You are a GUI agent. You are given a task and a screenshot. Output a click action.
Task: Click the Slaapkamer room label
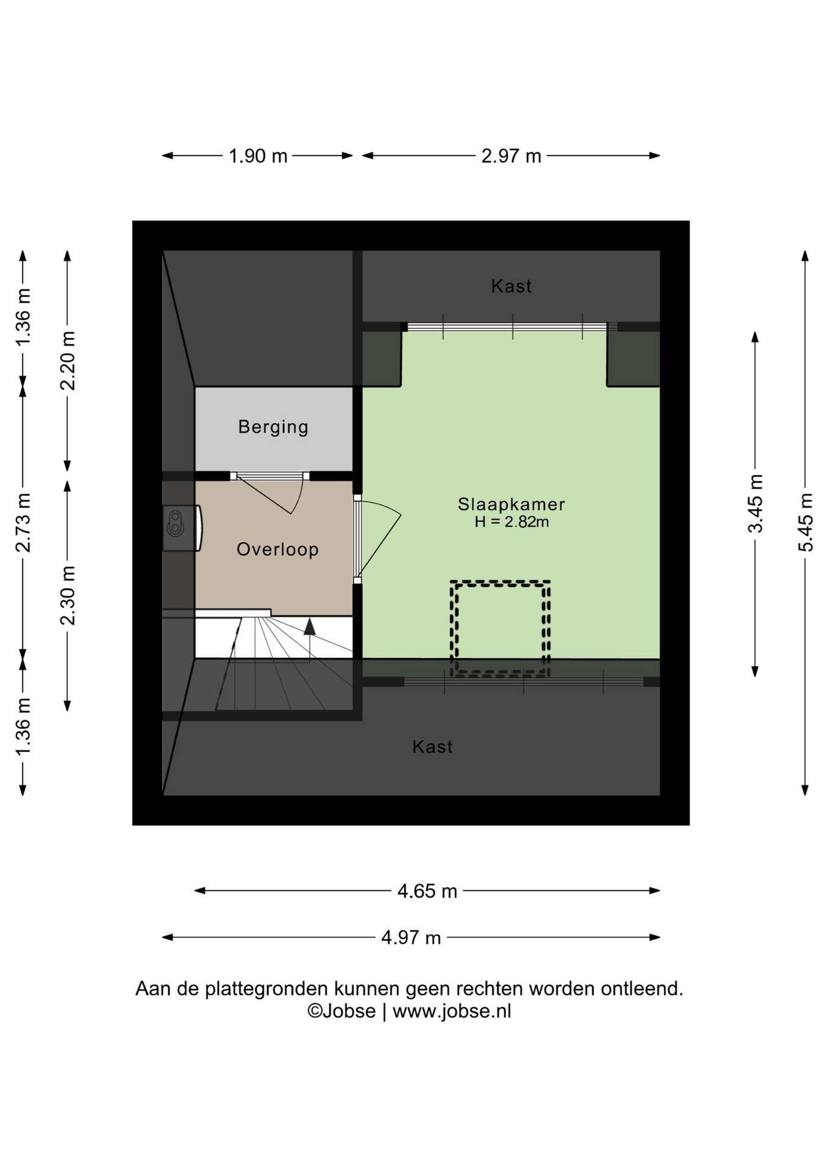click(x=512, y=504)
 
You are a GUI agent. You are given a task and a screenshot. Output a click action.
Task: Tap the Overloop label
click(x=277, y=550)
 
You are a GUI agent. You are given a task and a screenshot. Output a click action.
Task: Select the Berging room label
click(x=273, y=427)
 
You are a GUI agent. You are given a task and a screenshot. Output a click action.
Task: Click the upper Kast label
click(x=512, y=286)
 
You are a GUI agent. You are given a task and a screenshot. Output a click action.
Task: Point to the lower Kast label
click(x=432, y=746)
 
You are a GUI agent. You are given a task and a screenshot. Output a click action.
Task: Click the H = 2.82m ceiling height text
click(x=512, y=522)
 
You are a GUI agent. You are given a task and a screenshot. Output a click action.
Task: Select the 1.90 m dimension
click(x=258, y=156)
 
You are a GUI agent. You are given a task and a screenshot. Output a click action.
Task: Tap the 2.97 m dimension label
click(x=511, y=156)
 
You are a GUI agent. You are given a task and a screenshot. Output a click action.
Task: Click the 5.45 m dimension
click(x=805, y=523)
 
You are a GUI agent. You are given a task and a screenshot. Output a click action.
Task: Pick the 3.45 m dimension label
click(x=755, y=504)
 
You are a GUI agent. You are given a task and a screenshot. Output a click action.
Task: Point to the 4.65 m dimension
click(x=427, y=891)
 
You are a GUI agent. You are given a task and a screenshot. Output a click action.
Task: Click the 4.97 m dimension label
click(x=411, y=937)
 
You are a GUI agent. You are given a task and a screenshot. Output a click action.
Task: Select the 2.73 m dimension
click(x=23, y=523)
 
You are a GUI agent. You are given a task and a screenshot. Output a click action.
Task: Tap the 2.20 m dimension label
click(x=68, y=361)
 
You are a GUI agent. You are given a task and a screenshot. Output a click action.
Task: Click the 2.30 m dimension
click(x=68, y=595)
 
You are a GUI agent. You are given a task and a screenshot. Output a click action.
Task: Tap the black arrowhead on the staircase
click(x=310, y=627)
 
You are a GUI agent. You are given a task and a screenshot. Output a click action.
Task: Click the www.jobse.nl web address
click(x=452, y=1011)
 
